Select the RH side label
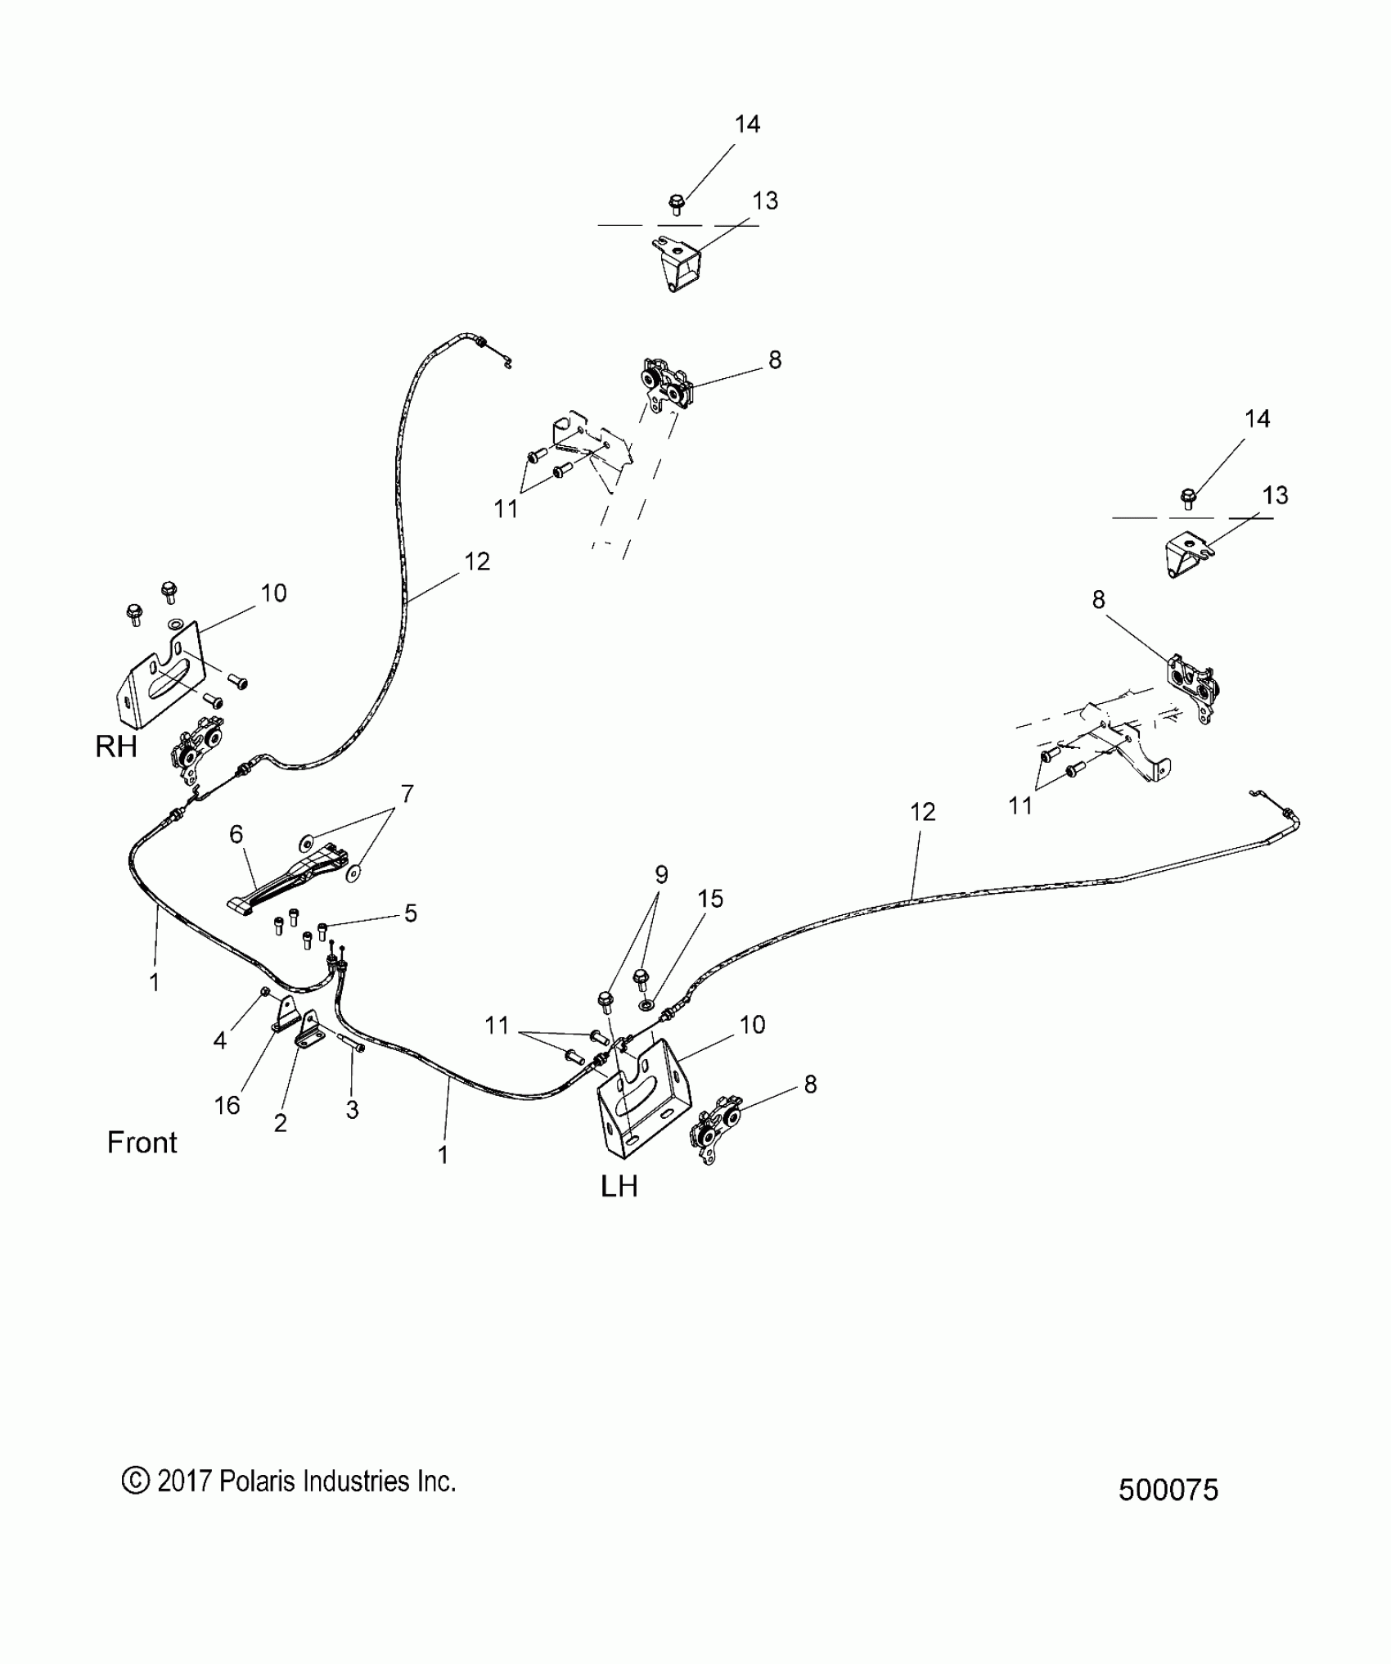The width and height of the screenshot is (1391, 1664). coord(116,746)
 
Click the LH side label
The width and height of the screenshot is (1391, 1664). coord(619,1186)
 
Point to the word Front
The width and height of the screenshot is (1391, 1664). coord(142,1142)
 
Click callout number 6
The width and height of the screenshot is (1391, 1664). coord(236,834)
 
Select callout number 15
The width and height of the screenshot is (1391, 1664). coord(710,899)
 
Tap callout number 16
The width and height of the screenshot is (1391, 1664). coord(227,1106)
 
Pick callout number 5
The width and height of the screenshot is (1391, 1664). coord(411,913)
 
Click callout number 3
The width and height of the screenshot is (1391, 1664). coord(352,1111)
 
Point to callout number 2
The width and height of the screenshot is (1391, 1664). coord(281,1124)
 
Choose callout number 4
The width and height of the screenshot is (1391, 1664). coord(219,1040)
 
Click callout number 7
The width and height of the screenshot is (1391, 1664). coord(407,794)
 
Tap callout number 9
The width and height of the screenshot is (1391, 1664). coord(661,874)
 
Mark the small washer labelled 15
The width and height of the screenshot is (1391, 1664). coord(647,1004)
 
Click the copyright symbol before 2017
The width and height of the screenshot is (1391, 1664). coord(134,1481)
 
